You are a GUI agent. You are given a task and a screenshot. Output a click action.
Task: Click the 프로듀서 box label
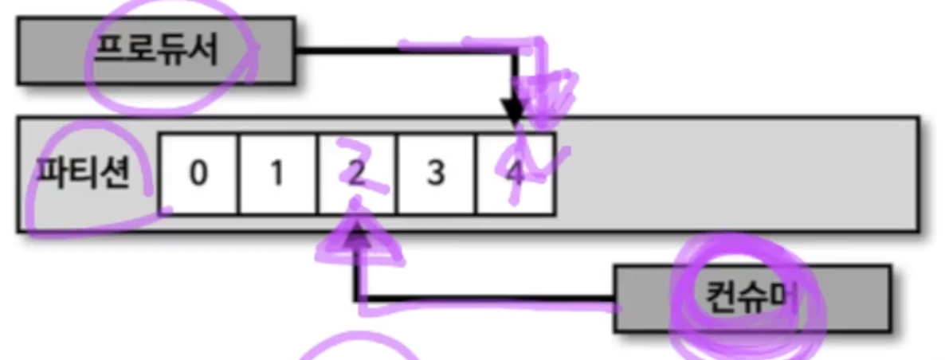click(x=156, y=51)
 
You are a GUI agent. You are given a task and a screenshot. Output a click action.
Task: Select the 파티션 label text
click(x=82, y=173)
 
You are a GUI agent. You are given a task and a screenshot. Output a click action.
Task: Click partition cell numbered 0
click(x=198, y=174)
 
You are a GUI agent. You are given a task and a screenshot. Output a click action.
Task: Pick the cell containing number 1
click(x=276, y=174)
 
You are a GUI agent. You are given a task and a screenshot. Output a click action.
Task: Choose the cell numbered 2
click(x=355, y=174)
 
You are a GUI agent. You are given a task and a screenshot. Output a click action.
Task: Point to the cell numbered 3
click(x=435, y=174)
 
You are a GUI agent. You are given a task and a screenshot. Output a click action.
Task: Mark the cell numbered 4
click(x=514, y=174)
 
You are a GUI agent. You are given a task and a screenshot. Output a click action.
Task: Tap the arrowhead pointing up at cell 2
click(x=356, y=233)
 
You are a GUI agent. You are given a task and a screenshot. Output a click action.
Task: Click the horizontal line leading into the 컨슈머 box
click(x=486, y=300)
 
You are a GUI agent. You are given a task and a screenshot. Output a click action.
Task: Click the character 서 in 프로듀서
click(x=202, y=51)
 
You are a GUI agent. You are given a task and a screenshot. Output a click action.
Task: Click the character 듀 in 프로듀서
click(x=172, y=51)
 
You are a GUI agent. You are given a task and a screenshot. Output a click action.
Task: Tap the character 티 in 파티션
click(x=82, y=173)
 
